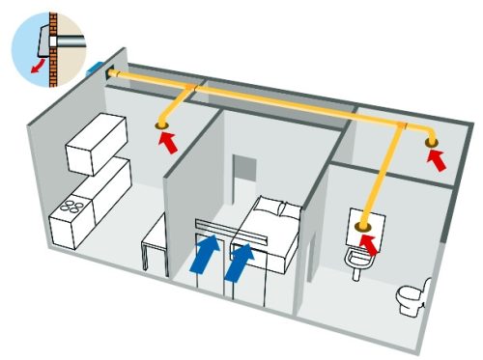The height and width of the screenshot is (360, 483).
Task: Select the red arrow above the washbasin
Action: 370,247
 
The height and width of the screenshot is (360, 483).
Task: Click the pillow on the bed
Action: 270,207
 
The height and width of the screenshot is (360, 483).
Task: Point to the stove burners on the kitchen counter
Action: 71,208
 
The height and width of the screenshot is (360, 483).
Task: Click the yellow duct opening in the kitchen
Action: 161,126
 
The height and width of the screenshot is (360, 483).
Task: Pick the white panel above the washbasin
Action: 366,224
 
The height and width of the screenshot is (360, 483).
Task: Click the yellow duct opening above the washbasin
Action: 366,228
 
